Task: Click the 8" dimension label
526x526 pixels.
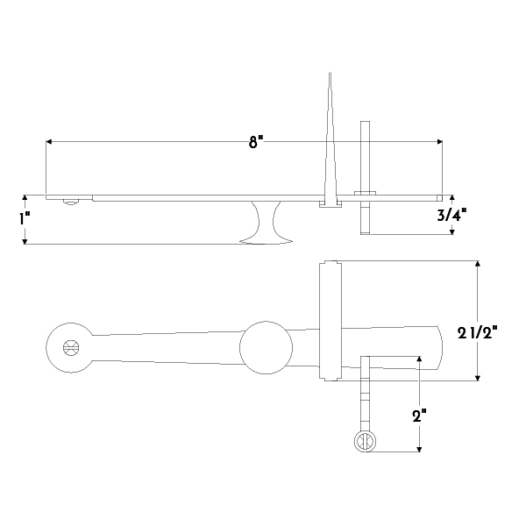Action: click(x=255, y=142)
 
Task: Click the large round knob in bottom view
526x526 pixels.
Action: click(x=266, y=347)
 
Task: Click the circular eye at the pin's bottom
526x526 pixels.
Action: click(x=365, y=442)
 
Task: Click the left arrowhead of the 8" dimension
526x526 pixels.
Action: click(x=49, y=140)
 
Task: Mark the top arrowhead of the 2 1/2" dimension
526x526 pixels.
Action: click(x=478, y=264)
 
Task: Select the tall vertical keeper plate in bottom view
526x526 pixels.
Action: click(x=329, y=321)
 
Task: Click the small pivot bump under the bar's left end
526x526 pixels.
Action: click(x=70, y=202)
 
